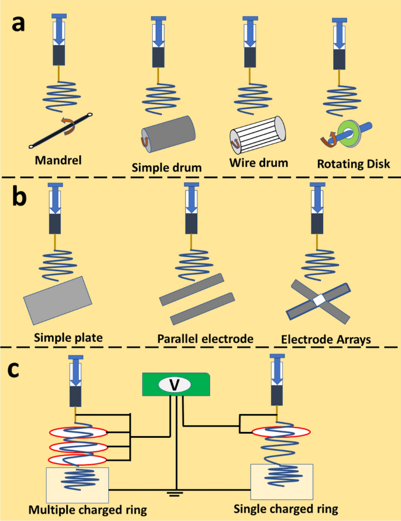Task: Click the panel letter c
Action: (19, 371)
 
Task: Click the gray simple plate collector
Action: (58, 299)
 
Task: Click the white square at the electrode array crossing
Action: (318, 300)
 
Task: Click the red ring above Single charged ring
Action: (281, 433)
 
